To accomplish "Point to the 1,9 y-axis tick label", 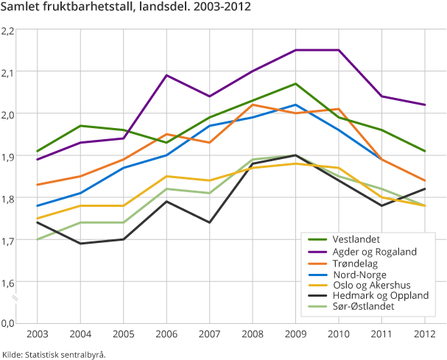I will click(9, 156).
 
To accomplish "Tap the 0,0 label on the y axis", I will click(9, 323).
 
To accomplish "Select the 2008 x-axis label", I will click(253, 334).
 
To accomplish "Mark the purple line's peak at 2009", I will click(295, 50).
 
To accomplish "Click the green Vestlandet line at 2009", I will click(295, 84).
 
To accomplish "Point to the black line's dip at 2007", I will click(209, 222).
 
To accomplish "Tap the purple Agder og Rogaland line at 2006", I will click(166, 75).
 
